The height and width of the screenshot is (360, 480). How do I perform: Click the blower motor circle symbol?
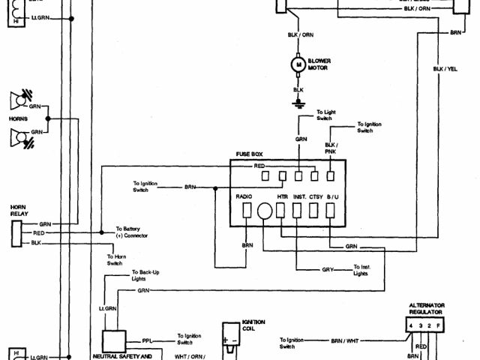298,65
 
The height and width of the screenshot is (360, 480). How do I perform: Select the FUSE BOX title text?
250,154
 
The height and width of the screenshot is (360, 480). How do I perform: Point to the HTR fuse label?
283,196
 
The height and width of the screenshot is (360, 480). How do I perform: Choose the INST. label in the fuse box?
300,196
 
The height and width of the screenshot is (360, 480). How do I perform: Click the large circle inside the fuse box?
264,212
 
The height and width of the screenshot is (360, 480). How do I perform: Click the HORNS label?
18,118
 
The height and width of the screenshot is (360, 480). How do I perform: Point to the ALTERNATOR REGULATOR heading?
426,308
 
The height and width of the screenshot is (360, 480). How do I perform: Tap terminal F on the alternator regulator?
439,325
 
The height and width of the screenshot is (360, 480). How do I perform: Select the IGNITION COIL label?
253,324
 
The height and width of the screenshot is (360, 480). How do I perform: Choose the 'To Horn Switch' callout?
115,259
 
